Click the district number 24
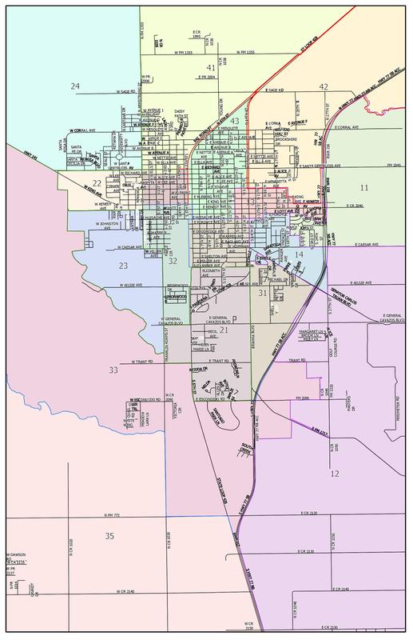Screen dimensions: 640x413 75,86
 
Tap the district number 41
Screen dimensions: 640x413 211,69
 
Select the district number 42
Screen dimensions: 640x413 324,86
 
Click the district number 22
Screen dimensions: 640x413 97,184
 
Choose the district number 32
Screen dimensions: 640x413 173,261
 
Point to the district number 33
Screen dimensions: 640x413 114,370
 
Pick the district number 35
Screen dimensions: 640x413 109,535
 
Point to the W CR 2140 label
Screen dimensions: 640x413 124,592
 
